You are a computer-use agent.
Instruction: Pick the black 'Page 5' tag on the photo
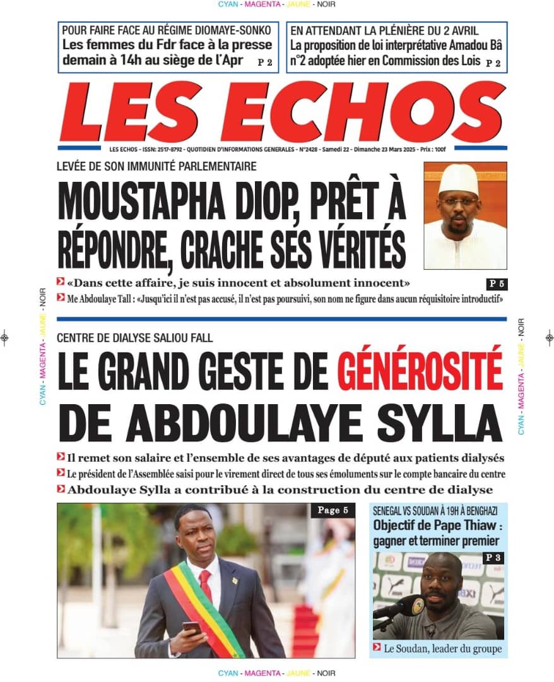332,510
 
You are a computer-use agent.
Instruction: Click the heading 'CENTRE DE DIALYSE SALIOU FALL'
134,338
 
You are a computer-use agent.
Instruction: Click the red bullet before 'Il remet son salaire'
61,457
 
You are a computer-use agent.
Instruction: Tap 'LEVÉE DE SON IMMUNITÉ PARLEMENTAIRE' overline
156,167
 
